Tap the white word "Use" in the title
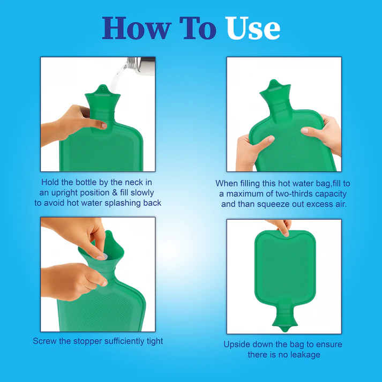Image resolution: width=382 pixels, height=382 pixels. (x=253, y=28)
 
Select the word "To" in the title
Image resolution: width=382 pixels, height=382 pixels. (x=198, y=28)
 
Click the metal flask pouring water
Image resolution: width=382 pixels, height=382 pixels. (x=141, y=65)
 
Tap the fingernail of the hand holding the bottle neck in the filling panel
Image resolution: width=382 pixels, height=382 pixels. (x=104, y=126)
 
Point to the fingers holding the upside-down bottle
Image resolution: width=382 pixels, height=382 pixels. (x=282, y=227)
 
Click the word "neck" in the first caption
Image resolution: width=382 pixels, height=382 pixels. (x=134, y=182)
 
